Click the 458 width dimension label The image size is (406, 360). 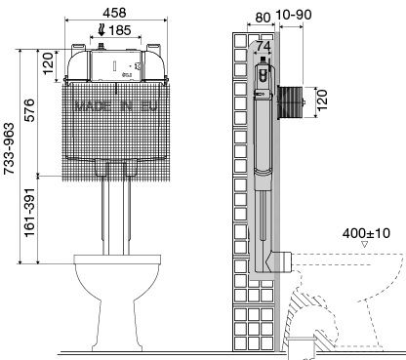(114, 13)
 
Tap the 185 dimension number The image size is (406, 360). (120, 30)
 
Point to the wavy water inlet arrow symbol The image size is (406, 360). (101, 30)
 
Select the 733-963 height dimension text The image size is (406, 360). (10, 148)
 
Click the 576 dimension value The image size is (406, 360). (29, 110)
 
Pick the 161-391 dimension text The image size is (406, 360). (29, 213)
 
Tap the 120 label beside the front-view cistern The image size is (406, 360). (48, 63)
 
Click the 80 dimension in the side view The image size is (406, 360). (263, 18)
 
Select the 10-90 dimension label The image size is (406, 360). (294, 15)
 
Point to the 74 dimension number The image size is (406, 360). (263, 47)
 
